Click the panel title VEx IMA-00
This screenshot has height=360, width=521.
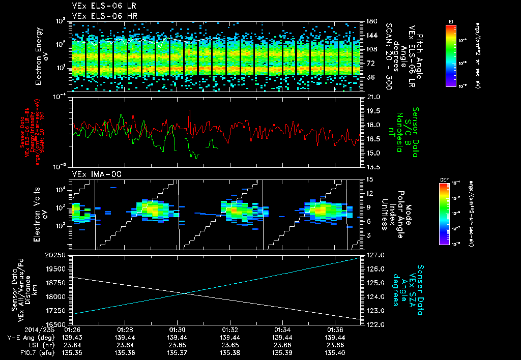coord(93,174)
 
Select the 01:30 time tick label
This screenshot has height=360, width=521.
coord(177,330)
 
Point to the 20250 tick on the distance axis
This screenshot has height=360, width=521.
coord(56,255)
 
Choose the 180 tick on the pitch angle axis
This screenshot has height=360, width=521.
coord(370,21)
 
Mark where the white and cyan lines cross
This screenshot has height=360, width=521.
coord(184,293)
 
